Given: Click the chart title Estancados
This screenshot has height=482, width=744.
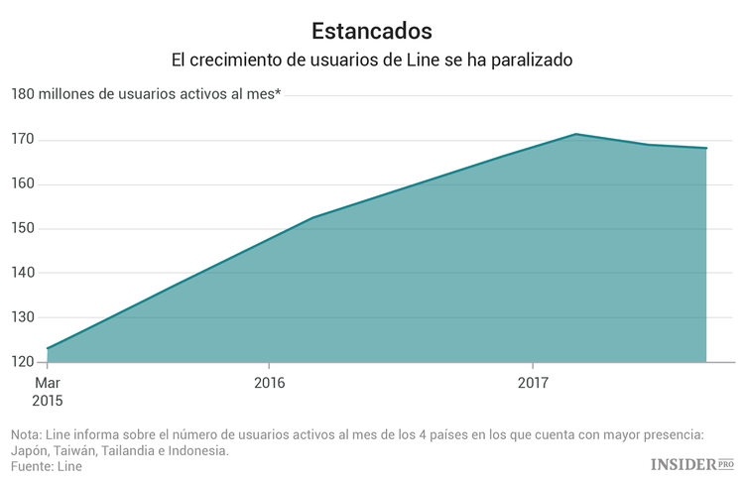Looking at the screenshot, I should point(371,30).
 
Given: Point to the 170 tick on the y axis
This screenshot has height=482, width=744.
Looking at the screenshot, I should point(23,140).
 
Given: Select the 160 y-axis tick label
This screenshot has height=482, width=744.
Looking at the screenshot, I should point(23,184).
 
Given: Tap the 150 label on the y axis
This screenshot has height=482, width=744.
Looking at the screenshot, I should point(23,229).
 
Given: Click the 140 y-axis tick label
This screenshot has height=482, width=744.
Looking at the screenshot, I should point(23,273).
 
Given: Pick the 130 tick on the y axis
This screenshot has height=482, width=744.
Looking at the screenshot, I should point(23,317).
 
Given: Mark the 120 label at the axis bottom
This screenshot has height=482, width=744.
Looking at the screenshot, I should point(23,362).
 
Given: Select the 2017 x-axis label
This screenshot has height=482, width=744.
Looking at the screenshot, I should point(533,383).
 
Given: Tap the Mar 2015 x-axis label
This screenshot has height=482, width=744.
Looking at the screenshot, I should point(47,392).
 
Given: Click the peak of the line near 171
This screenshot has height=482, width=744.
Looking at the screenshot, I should point(575,134).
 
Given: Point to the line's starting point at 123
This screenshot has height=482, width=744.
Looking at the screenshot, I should point(47,348).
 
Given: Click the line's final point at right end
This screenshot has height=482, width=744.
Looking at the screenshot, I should point(706,149).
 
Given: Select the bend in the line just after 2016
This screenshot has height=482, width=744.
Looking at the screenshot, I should point(311,217).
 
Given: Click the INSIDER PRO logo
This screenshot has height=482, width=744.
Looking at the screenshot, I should point(691,464).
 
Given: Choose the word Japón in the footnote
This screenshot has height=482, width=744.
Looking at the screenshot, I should point(30,450).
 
